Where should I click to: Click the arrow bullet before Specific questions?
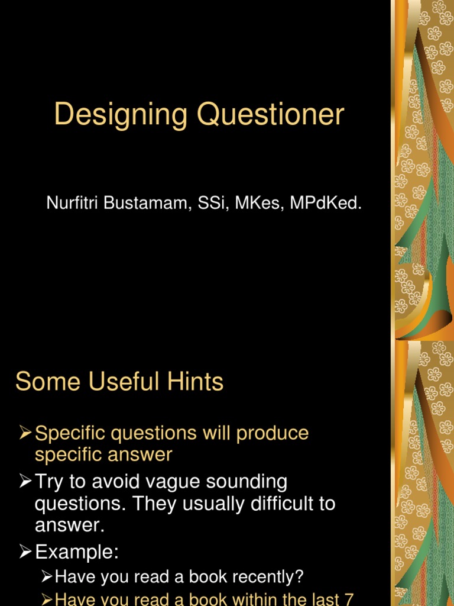coord(25,433)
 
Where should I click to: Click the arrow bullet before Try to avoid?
coord(25,482)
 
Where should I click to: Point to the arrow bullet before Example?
coord(25,553)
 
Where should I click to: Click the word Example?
coord(77,553)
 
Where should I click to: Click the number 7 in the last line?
coord(349,599)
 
